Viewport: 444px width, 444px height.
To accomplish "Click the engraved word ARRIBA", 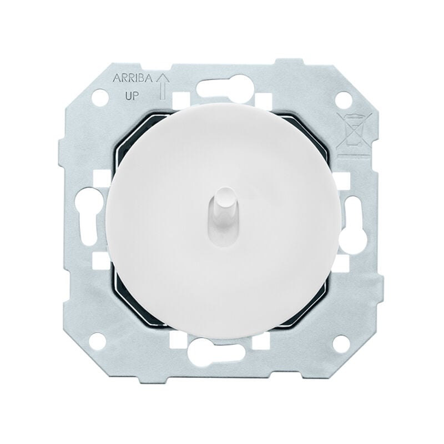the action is pyautogui.click(x=133, y=78).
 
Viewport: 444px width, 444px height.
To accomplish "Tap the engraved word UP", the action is pyautogui.click(x=132, y=97).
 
